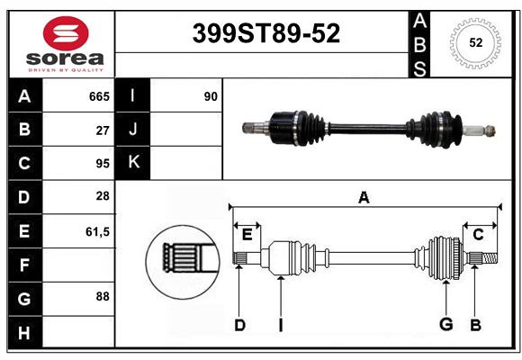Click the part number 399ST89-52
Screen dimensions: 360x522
tap(267, 33)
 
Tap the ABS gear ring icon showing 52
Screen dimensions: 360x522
tap(474, 42)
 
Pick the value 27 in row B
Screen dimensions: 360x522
tap(103, 130)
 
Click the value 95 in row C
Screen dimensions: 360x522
tap(103, 164)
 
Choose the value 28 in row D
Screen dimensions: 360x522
tap(103, 196)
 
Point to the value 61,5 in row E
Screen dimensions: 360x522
tap(97, 231)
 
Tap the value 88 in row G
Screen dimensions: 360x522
tap(103, 296)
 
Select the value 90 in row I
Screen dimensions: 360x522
tap(211, 96)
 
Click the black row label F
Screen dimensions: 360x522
tap(24, 265)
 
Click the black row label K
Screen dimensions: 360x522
tap(132, 163)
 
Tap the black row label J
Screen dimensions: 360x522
tap(132, 130)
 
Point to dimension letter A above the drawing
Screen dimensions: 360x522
tap(364, 198)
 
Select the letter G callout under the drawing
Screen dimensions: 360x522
tap(445, 325)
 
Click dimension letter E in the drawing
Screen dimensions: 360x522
tap(247, 235)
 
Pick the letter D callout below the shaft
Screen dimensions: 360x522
tap(239, 325)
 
